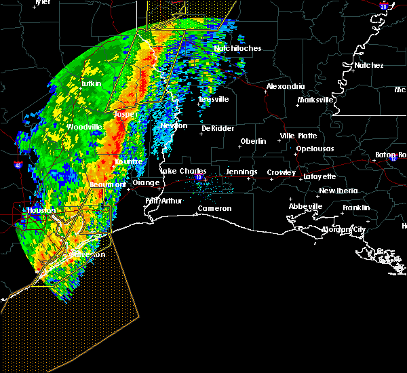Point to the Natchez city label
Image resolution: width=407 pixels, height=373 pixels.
coord(368,66)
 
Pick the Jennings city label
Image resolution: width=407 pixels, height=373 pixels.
coord(241,172)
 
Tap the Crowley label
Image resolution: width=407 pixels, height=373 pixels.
coord(281,173)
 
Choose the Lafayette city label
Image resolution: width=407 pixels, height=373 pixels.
coord(319,176)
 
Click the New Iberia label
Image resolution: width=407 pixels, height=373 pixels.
coord(337,191)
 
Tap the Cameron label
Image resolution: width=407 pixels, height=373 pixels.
coord(214,209)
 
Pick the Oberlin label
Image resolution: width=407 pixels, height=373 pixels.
coord(253,142)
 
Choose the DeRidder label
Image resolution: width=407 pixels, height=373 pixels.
coord(216,128)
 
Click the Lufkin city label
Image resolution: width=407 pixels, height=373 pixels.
coord(91,83)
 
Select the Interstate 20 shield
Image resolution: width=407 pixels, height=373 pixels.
coord(384,6)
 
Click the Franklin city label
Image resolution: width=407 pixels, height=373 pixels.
coord(356,208)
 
